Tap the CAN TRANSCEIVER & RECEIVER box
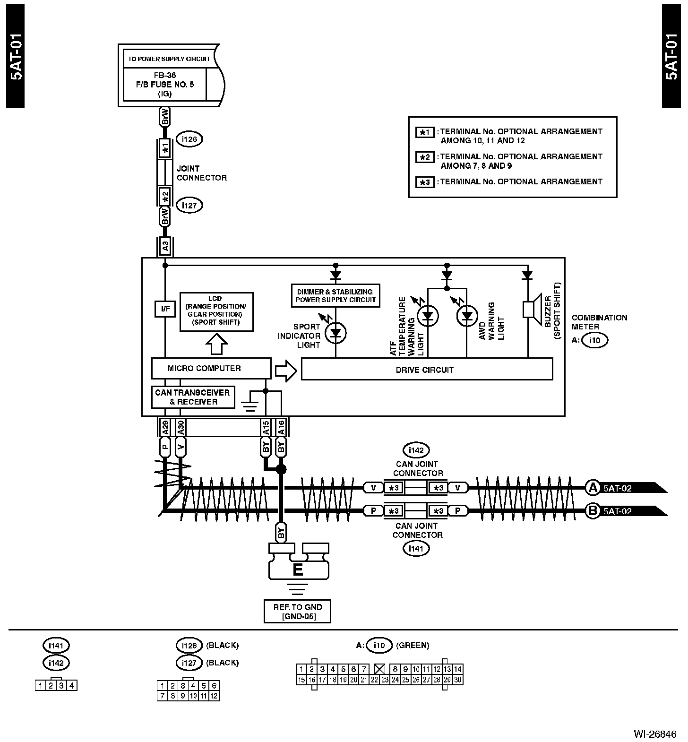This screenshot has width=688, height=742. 193,397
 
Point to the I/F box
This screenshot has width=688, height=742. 165,309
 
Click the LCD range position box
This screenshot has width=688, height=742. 216,311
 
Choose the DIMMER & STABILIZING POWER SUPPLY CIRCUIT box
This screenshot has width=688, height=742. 335,295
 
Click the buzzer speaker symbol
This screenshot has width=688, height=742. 532,309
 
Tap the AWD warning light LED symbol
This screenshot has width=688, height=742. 467,316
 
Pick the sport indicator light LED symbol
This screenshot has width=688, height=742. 335,333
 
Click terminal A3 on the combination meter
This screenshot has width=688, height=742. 165,246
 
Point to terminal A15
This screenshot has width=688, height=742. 266,428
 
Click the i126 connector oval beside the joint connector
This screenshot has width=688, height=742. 189,139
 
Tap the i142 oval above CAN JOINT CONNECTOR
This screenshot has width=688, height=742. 416,450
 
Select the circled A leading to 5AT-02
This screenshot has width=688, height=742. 592,487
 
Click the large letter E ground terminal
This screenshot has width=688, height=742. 298,570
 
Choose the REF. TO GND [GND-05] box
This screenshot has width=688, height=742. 297,612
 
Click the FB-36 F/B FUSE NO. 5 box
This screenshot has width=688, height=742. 165,84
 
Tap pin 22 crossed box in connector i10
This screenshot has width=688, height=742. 379,669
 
